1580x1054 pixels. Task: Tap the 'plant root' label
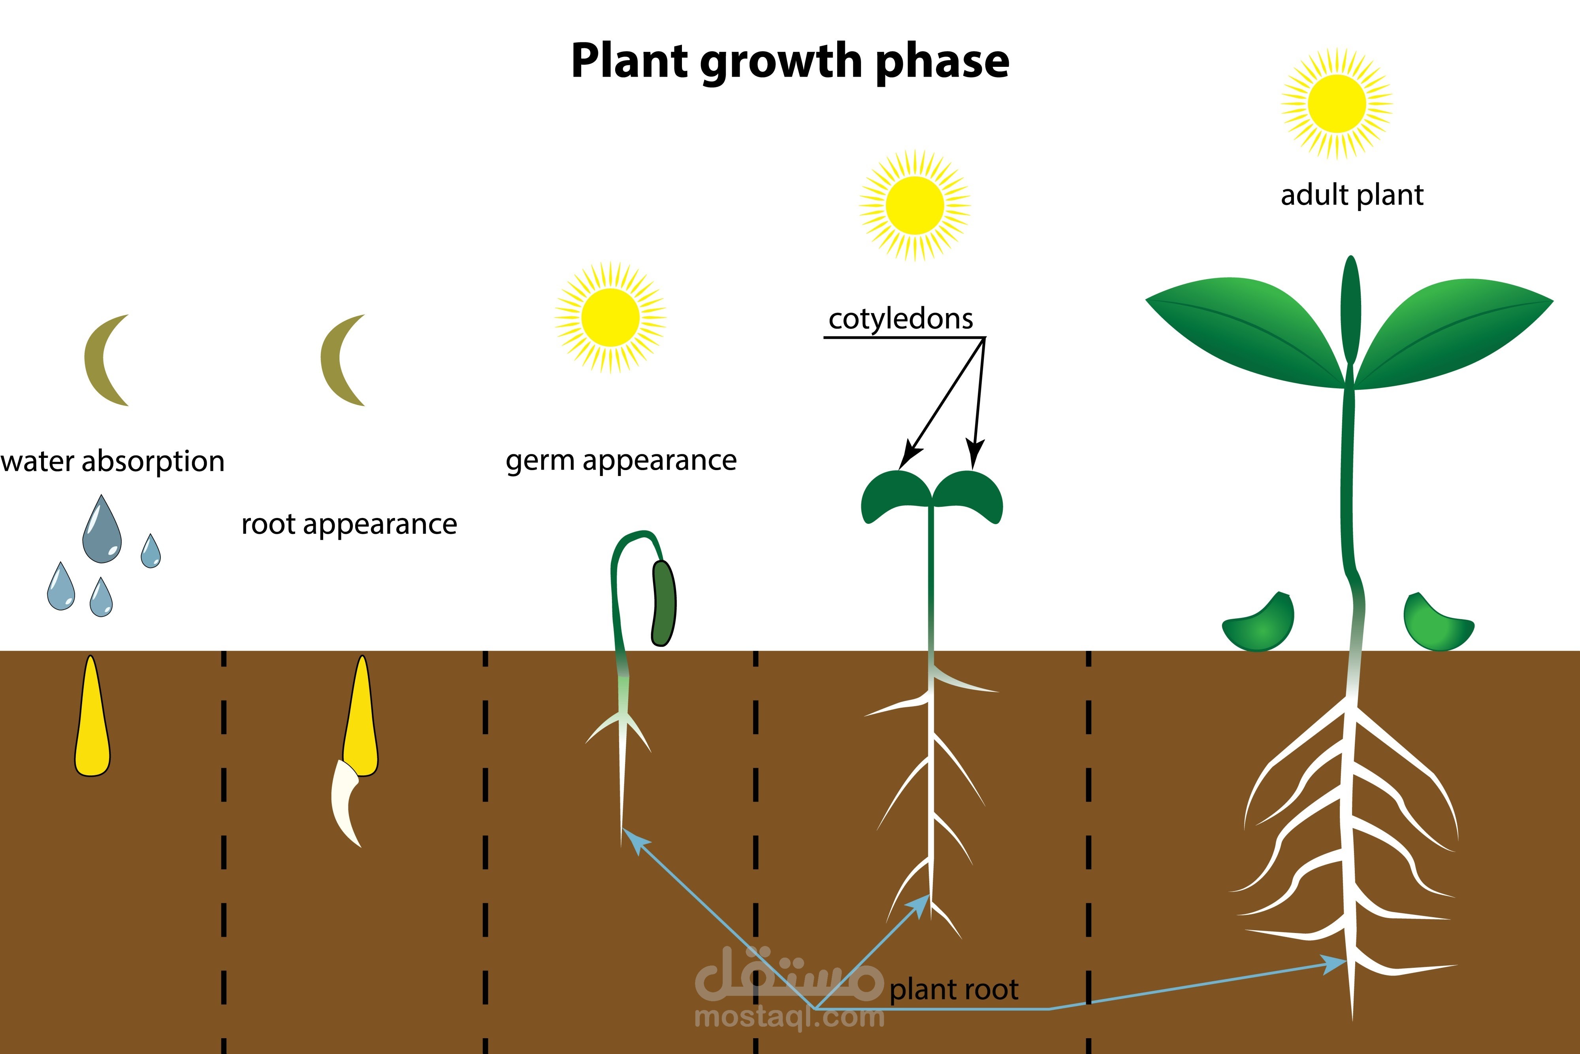click(x=954, y=990)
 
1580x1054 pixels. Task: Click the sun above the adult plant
click(x=1337, y=104)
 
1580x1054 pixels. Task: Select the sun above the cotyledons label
click(x=915, y=205)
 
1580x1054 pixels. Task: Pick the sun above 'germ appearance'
click(x=611, y=317)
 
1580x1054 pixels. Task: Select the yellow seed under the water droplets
click(x=92, y=716)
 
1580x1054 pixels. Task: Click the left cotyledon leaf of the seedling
click(x=895, y=496)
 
